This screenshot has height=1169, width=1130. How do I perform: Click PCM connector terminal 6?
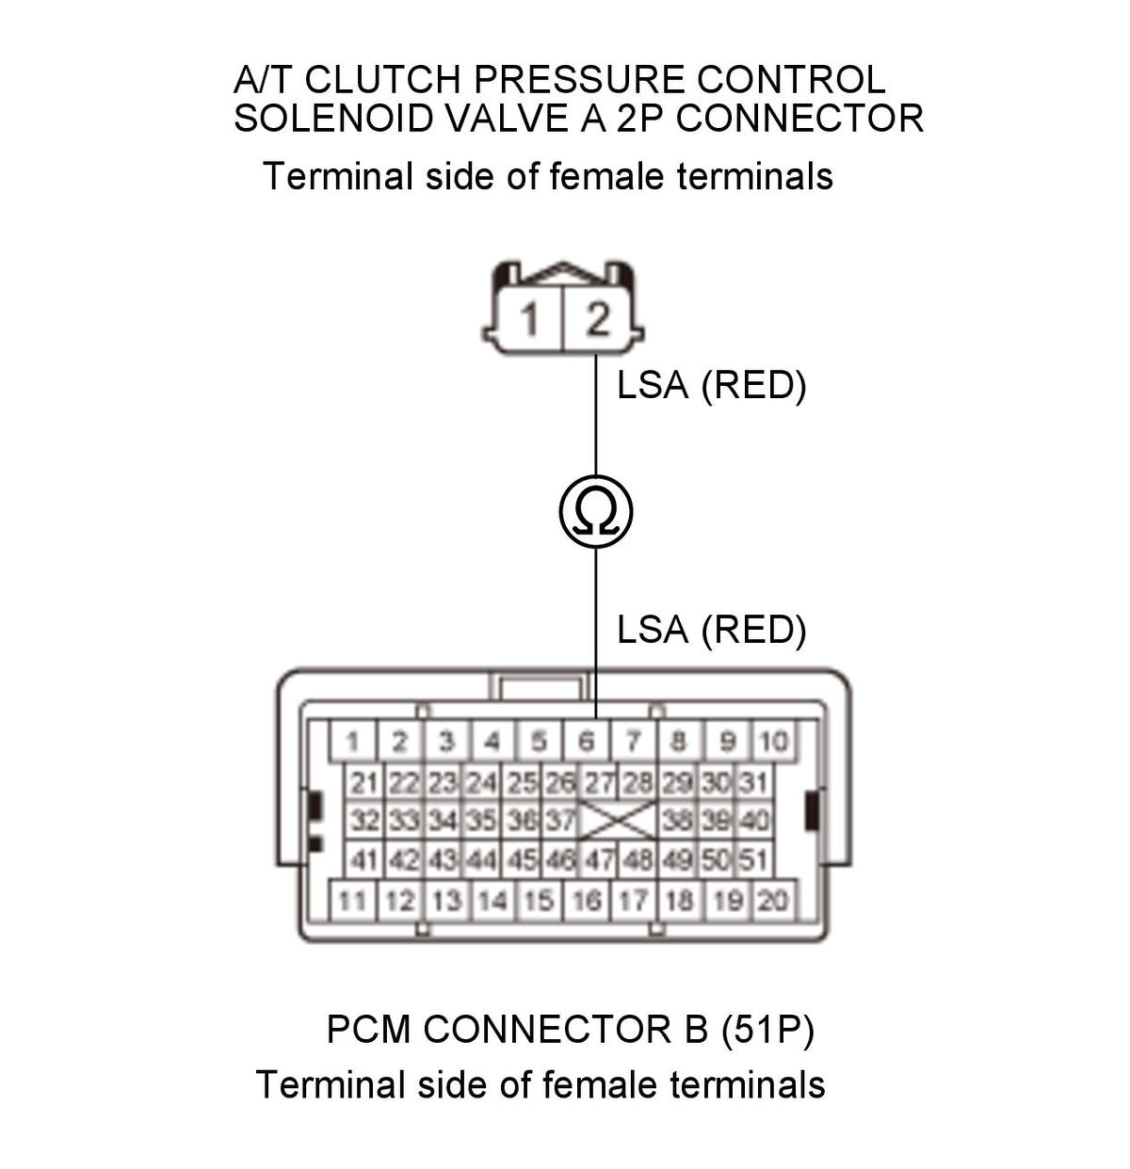586,742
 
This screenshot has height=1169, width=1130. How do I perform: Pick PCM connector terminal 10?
773,742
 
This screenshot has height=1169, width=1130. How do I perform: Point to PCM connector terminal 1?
353,742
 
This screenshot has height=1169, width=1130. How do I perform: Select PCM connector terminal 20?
773,900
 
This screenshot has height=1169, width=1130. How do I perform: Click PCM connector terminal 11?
353,900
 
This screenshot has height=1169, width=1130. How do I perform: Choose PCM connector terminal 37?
559,820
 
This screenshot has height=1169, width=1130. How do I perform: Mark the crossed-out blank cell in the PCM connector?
618,821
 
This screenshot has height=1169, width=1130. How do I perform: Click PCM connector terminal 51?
754,858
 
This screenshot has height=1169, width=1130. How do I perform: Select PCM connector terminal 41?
364,858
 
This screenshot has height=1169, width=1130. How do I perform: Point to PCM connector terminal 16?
586,900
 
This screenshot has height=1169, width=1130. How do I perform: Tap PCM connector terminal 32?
364,820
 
